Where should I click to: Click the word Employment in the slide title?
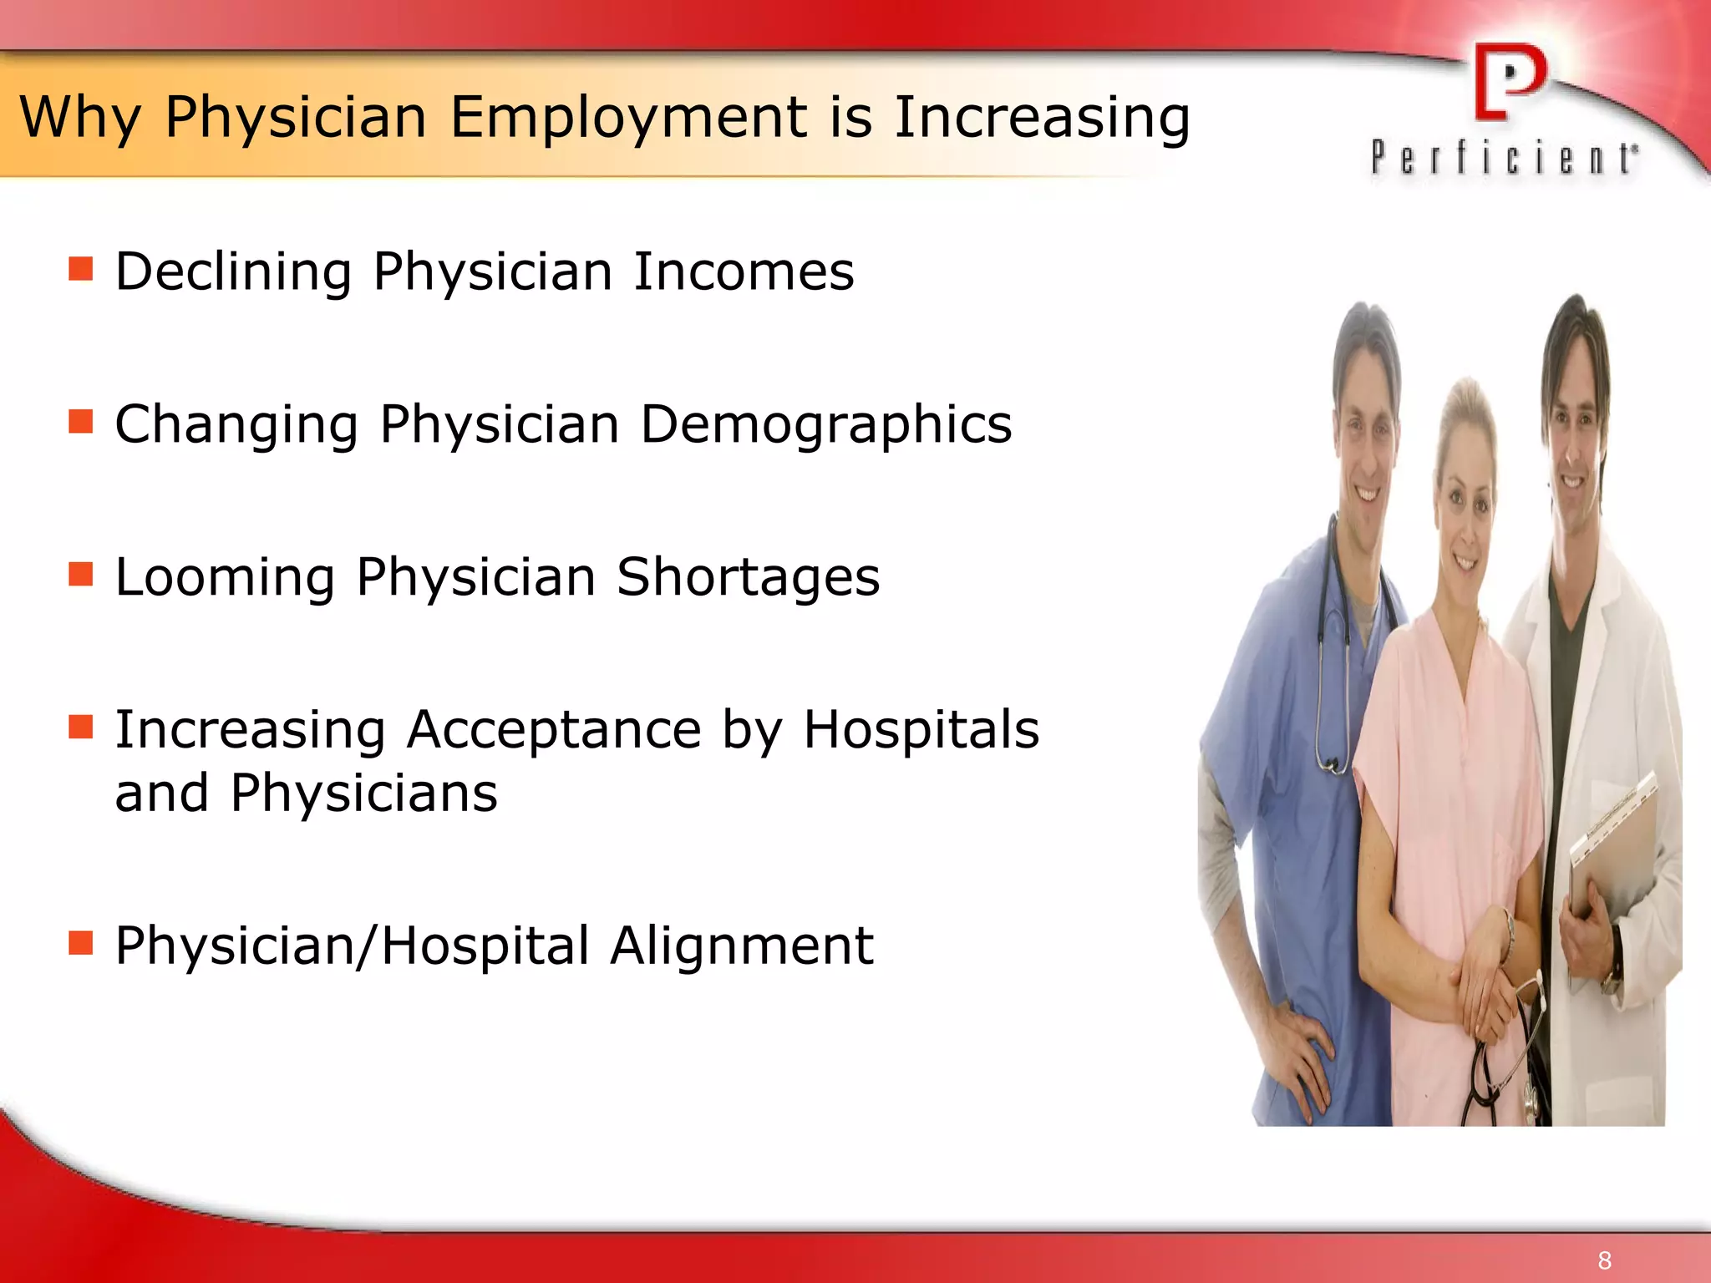[x=629, y=118]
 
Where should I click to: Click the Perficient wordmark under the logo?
[x=1504, y=158]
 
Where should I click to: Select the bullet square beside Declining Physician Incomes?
[x=81, y=269]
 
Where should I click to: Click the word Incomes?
[x=744, y=272]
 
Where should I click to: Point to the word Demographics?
[x=825, y=425]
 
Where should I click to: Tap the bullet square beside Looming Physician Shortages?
[x=81, y=575]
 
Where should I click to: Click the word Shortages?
[x=748, y=578]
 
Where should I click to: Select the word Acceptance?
[x=554, y=730]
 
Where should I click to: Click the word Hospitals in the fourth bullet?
[x=921, y=730]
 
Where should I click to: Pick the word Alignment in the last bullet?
[x=741, y=946]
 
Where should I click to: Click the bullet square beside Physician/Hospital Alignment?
[x=81, y=943]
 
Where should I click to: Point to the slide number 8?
[x=1604, y=1260]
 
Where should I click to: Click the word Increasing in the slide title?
[x=1042, y=118]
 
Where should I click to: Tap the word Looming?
[x=225, y=578]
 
